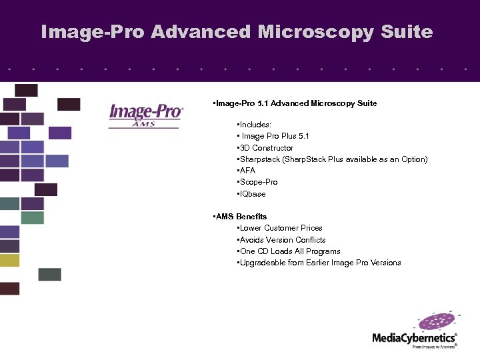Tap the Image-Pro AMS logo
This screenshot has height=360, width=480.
click(145, 114)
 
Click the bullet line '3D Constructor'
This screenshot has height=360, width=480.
click(265, 148)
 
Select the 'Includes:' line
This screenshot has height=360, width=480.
click(254, 125)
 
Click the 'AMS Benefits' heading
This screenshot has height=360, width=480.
click(239, 217)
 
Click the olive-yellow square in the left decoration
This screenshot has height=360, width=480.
click(10, 260)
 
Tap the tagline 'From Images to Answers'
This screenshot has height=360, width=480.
click(434, 347)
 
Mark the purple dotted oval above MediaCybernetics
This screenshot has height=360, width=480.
click(438, 322)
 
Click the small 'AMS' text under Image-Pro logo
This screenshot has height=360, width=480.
click(145, 123)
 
